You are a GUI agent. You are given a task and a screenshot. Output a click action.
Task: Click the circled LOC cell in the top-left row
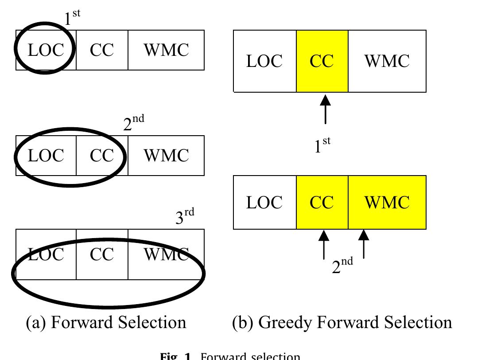click(x=46, y=50)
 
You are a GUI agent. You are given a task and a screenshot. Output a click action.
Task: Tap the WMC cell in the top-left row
click(x=166, y=50)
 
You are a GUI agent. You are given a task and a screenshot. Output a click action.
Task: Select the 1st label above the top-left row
click(x=72, y=18)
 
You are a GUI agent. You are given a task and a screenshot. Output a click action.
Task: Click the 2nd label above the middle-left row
click(x=133, y=123)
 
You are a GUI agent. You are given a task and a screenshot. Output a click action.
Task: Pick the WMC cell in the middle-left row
click(x=166, y=156)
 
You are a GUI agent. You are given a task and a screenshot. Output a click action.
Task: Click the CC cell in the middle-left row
click(x=102, y=156)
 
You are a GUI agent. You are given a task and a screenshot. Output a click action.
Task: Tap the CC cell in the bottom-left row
click(x=102, y=254)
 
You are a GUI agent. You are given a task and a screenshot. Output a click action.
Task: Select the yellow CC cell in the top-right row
click(x=322, y=61)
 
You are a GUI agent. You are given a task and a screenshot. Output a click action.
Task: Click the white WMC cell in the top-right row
click(x=387, y=61)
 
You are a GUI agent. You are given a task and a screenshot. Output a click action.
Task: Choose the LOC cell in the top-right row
click(x=264, y=61)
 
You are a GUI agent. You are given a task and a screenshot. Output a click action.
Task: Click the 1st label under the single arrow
click(x=322, y=145)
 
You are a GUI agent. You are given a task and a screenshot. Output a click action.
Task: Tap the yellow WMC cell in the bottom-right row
click(x=387, y=202)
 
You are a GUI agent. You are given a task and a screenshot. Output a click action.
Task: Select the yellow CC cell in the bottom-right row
click(x=322, y=202)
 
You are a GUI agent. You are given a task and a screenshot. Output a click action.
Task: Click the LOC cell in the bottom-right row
click(x=264, y=202)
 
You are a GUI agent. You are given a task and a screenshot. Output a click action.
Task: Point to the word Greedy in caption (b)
click(x=282, y=323)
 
